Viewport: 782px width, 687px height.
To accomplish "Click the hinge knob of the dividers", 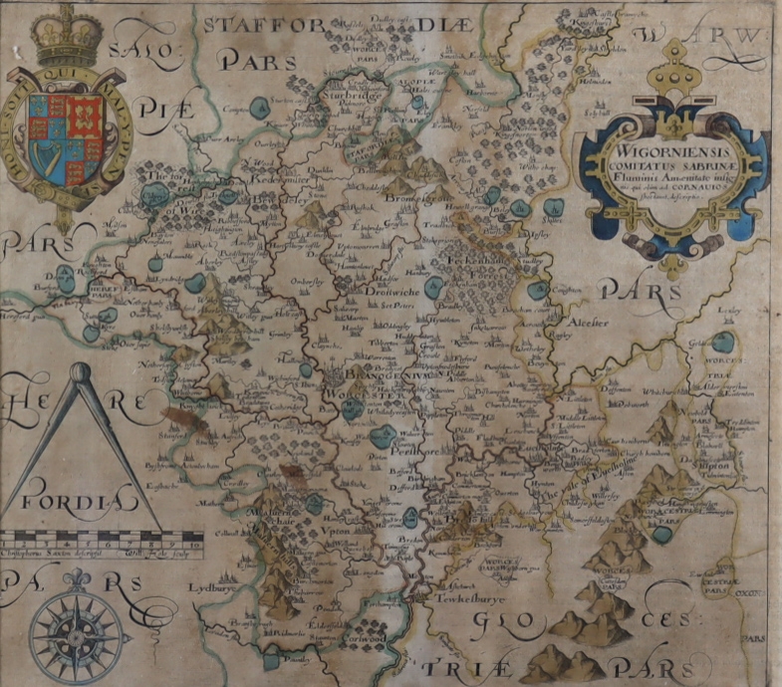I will tap(81, 372).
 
